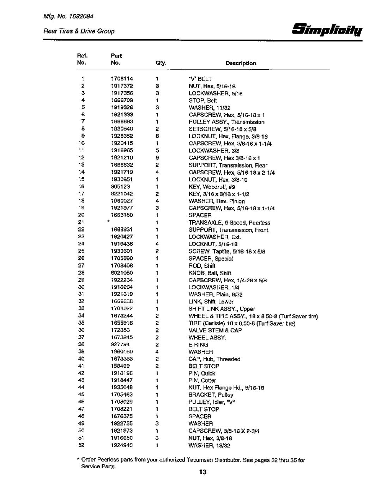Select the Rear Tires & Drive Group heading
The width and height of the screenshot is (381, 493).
click(79, 31)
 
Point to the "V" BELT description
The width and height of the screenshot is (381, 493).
click(200, 79)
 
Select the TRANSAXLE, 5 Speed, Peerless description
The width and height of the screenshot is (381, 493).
click(229, 223)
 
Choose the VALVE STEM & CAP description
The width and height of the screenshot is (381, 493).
click(215, 330)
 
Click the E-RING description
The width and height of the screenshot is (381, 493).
click(198, 344)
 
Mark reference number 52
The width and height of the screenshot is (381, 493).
click(81, 445)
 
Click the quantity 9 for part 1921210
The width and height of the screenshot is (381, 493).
click(157, 158)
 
